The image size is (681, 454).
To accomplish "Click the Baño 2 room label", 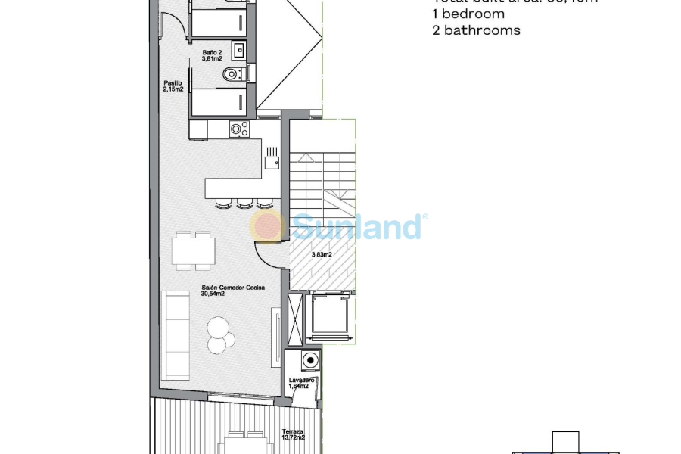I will [211, 51].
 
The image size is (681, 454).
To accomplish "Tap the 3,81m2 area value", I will [211, 58].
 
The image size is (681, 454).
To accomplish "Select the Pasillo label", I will [172, 82].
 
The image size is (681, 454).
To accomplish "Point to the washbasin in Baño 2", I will [239, 51].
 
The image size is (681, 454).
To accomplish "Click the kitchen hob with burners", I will [239, 129].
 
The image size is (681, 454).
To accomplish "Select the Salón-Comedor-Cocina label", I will [233, 288].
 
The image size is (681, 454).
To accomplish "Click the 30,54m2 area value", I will [213, 294].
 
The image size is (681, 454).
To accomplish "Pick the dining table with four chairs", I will [193, 250].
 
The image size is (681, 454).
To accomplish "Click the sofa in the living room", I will [175, 335].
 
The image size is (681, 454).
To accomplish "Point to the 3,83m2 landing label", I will [322, 255].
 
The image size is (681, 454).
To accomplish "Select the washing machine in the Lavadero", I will [309, 359].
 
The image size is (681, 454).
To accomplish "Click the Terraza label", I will [291, 431].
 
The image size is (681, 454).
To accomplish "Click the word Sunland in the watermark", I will [356, 226].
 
